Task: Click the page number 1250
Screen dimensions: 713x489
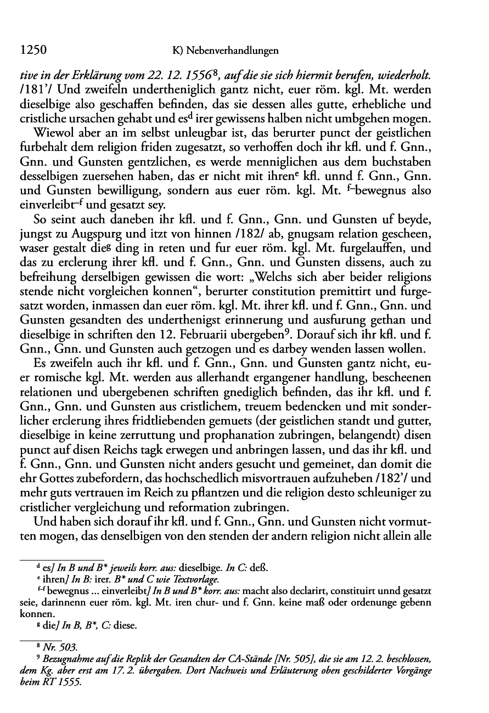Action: pyautogui.click(x=32, y=50)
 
